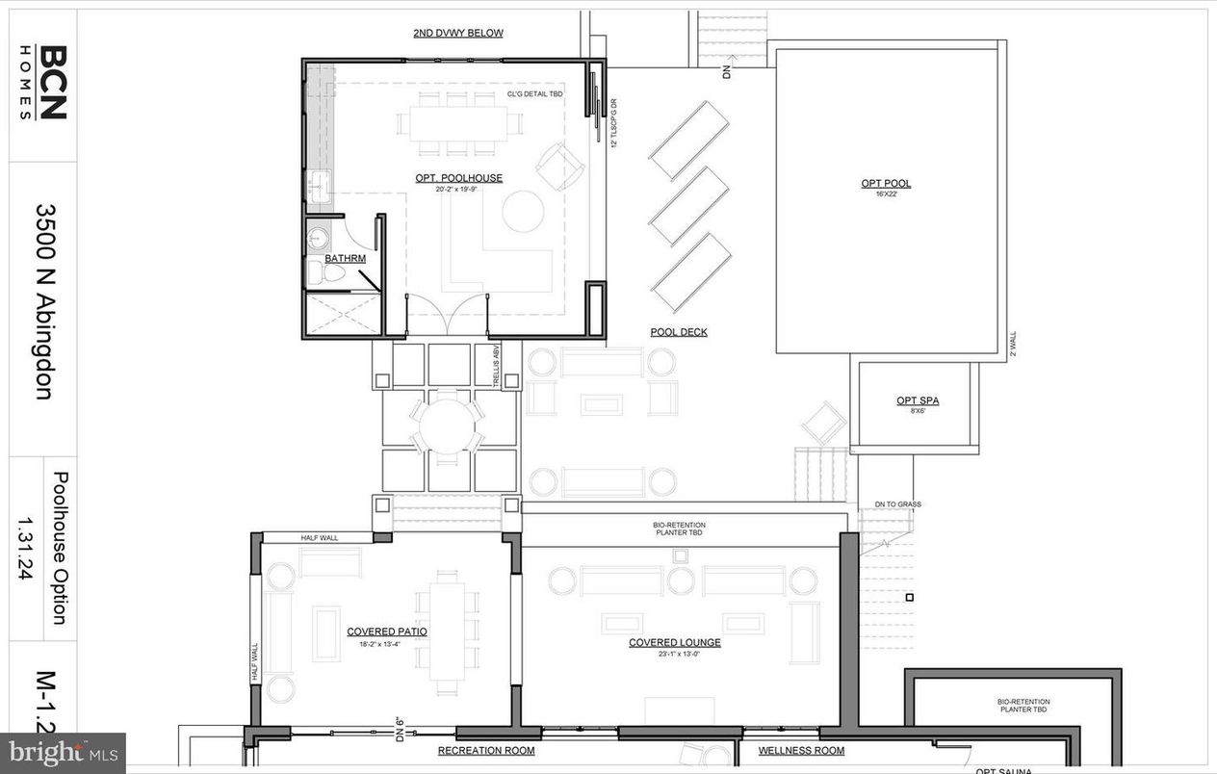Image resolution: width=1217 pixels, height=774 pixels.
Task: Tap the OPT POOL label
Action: (886, 184)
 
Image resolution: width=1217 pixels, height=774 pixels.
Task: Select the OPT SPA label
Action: (917, 401)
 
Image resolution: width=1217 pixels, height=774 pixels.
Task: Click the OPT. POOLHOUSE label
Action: (458, 178)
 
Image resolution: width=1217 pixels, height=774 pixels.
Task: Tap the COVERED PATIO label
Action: (387, 632)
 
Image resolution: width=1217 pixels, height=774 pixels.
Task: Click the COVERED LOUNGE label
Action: (674, 642)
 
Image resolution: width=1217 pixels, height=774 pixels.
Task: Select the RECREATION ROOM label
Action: (485, 750)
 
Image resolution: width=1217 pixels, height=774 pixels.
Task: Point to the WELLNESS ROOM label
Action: (801, 750)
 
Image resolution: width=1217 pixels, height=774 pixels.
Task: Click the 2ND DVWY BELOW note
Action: (458, 33)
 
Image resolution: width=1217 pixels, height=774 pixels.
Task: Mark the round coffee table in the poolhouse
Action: (523, 212)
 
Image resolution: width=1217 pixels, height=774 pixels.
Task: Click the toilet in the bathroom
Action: (330, 273)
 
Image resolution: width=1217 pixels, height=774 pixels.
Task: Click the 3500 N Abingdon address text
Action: (44, 300)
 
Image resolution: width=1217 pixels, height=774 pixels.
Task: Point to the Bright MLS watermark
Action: (63, 751)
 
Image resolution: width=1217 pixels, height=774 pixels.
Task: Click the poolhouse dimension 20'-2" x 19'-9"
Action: (458, 190)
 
